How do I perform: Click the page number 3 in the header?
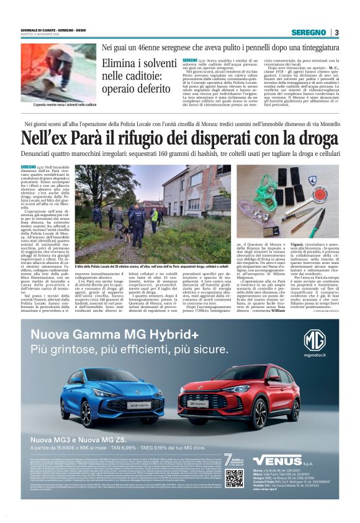(336, 32)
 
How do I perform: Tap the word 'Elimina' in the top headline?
(122, 63)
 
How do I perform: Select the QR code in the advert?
(234, 478)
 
